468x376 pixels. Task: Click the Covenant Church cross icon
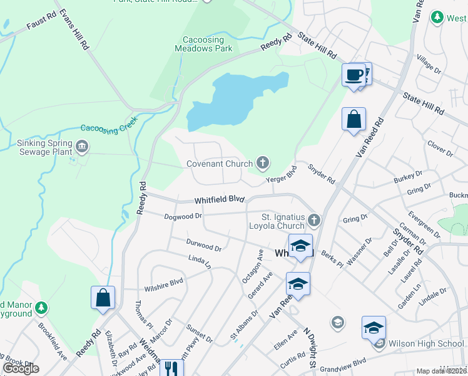(x=263, y=164)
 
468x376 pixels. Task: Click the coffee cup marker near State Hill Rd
(x=354, y=75)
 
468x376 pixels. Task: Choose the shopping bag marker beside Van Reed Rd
(x=354, y=118)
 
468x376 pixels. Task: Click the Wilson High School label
(x=426, y=343)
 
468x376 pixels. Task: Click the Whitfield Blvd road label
(x=218, y=200)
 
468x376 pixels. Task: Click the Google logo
(x=21, y=368)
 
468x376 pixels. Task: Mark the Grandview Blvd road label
(x=342, y=362)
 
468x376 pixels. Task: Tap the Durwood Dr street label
(x=203, y=244)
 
